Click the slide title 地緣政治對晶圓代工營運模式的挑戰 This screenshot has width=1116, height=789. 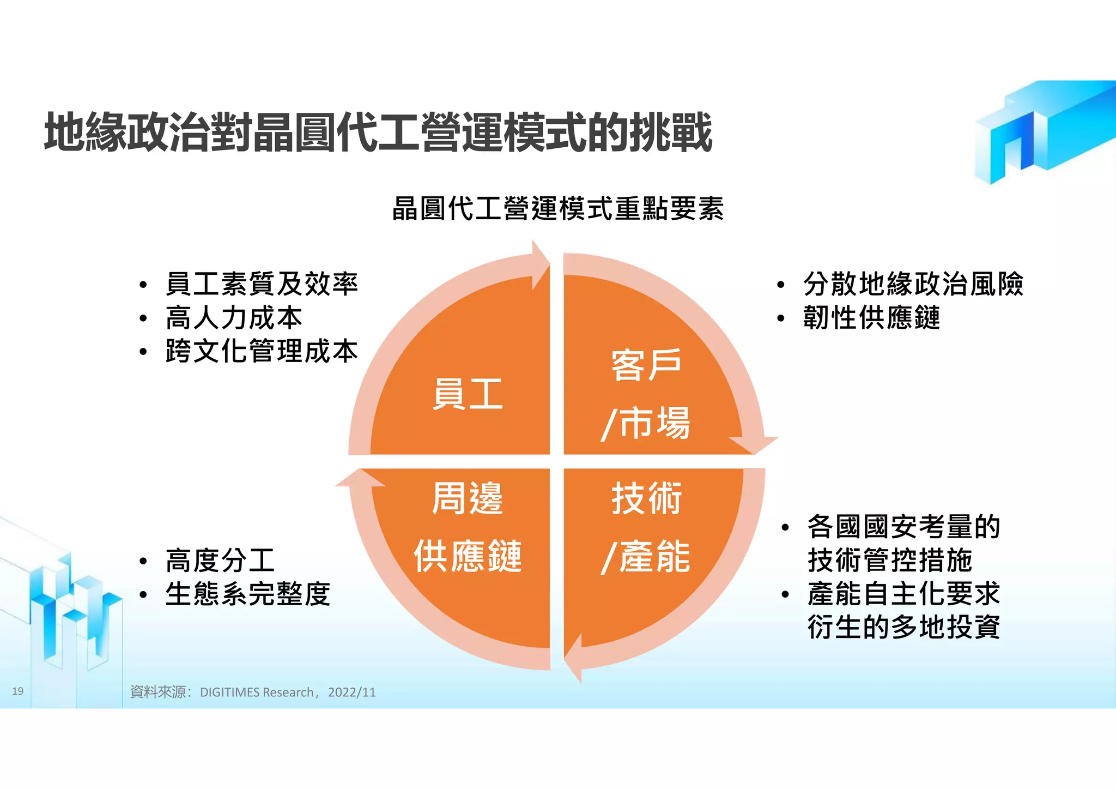[378, 132]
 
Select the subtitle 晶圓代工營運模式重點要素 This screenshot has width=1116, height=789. [557, 209]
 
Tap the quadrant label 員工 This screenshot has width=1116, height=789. [467, 394]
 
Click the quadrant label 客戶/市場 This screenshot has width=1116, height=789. [646, 394]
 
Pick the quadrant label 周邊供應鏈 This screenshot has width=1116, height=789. [467, 527]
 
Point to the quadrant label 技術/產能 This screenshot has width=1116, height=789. [646, 527]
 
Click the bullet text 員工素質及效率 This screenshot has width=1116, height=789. [262, 284]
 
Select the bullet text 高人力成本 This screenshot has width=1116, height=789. [234, 318]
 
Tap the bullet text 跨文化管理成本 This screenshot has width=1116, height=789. [262, 351]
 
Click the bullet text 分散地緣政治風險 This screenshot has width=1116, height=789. [913, 284]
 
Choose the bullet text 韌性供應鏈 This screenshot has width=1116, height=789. [871, 318]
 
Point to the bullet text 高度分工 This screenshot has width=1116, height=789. [220, 561]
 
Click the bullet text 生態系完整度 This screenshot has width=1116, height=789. [248, 594]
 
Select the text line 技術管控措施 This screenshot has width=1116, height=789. [889, 561]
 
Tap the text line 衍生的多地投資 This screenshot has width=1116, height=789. [903, 627]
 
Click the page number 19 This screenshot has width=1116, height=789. [17, 691]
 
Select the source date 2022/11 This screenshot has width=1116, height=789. [352, 692]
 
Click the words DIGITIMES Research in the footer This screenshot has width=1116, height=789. [257, 692]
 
